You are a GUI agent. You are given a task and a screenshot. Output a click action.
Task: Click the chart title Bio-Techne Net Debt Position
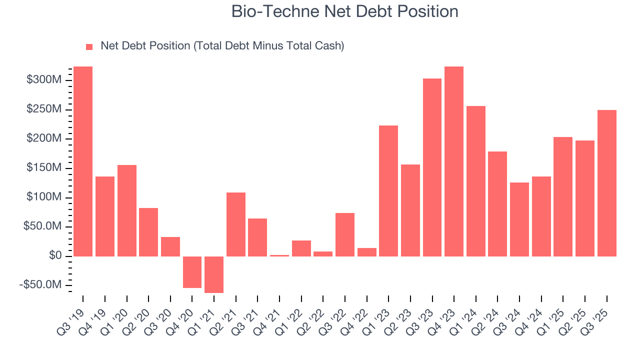[344, 11]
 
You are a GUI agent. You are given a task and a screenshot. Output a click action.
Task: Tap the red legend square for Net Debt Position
[89, 46]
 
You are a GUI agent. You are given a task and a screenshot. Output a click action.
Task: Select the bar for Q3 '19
[83, 161]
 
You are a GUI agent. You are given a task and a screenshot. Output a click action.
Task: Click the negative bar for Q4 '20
[192, 272]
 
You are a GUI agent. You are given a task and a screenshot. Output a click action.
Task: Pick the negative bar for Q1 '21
[214, 274]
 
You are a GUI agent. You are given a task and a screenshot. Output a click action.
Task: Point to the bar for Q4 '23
[454, 161]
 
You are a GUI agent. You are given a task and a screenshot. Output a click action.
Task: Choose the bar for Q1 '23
[388, 190]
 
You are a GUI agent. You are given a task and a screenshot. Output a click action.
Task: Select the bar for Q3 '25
[607, 183]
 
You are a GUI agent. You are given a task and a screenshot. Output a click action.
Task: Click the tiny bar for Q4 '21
[279, 255]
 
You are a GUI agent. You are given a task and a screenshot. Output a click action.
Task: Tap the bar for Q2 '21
[236, 224]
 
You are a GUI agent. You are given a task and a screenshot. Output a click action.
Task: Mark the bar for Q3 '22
[345, 234]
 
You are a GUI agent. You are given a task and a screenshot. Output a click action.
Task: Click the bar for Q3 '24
[519, 219]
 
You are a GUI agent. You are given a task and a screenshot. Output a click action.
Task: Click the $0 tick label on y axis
[55, 256]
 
